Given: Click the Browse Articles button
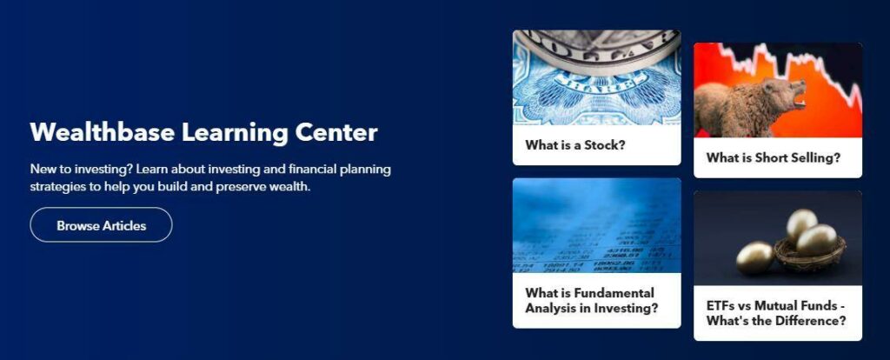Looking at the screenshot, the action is pyautogui.click(x=101, y=225).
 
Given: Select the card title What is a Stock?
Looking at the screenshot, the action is pyautogui.click(x=575, y=145).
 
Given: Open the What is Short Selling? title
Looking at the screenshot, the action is pyautogui.click(x=773, y=158).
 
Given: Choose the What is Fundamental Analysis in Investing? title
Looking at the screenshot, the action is pyautogui.click(x=591, y=301).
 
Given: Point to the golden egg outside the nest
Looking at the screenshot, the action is pyautogui.click(x=755, y=257).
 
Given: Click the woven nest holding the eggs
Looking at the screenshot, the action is pyautogui.click(x=810, y=256).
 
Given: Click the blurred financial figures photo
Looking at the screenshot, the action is pyautogui.click(x=596, y=225).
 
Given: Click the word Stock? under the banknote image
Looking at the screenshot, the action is pyautogui.click(x=605, y=145).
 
